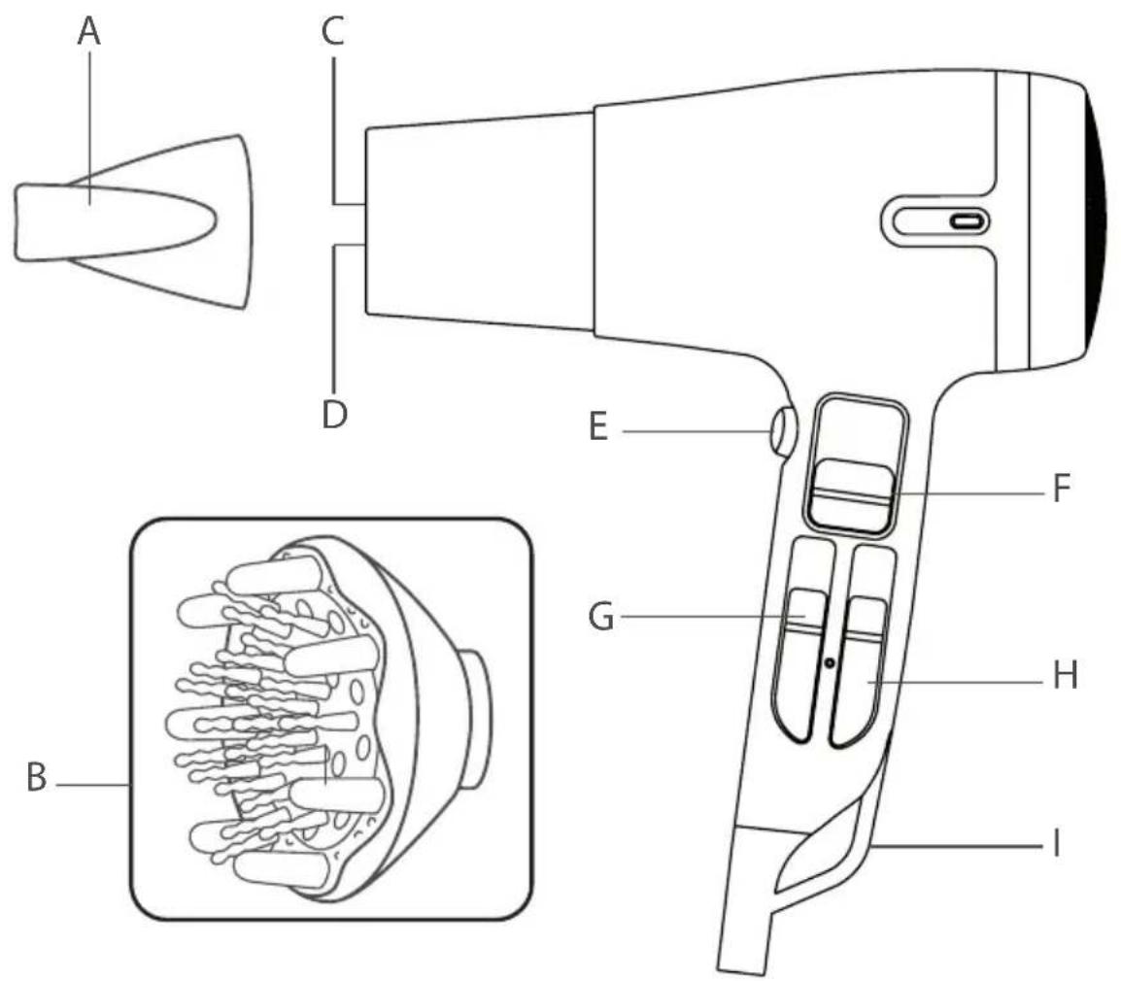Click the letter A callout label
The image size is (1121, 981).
point(89,32)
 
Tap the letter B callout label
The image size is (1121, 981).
point(37,777)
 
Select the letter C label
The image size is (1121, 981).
point(333,31)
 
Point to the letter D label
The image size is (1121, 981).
point(334,414)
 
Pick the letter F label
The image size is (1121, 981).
point(1063,488)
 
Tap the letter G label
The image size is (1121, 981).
point(601,617)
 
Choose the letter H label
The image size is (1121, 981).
point(1066,675)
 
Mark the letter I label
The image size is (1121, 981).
point(1057,844)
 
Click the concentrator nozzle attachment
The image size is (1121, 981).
point(132,221)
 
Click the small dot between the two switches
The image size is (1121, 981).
point(830,662)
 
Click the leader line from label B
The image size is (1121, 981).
point(93,785)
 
